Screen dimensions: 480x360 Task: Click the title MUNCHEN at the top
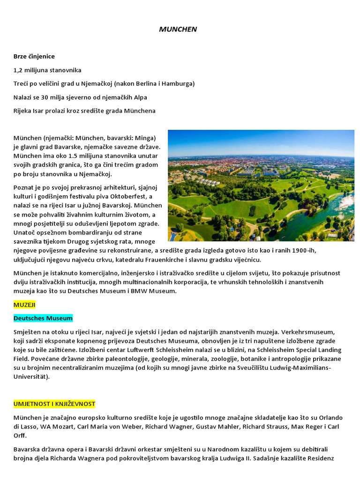click(x=178, y=29)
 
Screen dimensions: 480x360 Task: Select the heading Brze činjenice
click(x=34, y=56)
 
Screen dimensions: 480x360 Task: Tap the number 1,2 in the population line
click(x=19, y=70)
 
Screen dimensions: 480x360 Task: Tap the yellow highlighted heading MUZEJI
click(x=24, y=305)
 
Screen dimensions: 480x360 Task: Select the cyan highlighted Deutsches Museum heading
click(x=43, y=318)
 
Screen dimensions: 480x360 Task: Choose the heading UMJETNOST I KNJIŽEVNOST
click(x=54, y=404)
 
